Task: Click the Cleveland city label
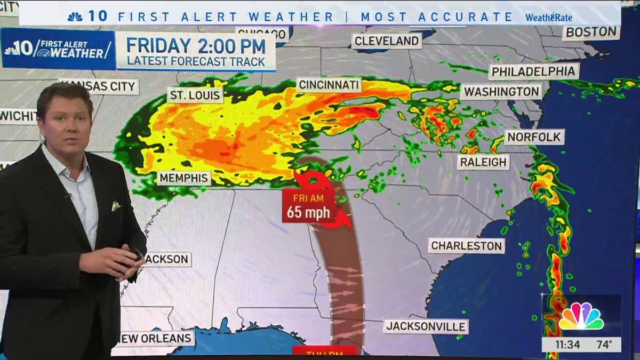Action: point(386,41)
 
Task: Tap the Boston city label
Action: point(591,32)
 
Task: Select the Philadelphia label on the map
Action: point(533,71)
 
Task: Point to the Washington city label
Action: point(501,92)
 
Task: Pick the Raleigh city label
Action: point(483,162)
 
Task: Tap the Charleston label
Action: point(467,246)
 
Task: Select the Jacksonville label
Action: point(426,326)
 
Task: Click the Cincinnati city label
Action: point(329,85)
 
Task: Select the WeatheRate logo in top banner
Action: point(548,17)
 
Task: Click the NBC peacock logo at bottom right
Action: point(581,317)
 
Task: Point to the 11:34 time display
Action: point(566,345)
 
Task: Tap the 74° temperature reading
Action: point(604,345)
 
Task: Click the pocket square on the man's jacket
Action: point(116,206)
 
